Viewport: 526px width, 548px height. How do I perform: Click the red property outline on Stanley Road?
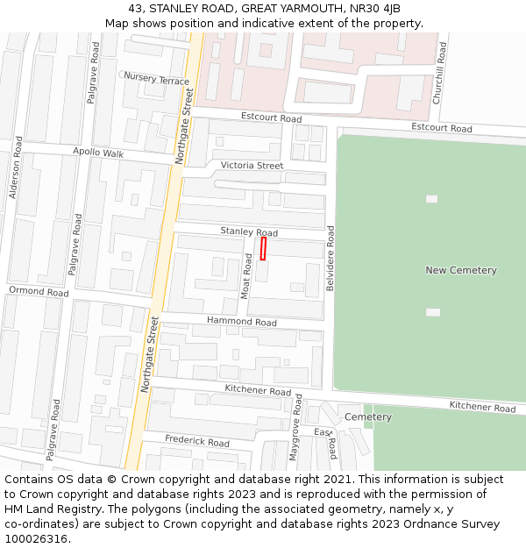tap(263, 248)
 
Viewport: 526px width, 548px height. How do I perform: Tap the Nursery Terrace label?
tap(156, 79)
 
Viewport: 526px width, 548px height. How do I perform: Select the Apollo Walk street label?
tap(98, 153)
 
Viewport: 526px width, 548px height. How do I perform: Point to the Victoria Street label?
tap(252, 165)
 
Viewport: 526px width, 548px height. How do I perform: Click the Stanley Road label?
tap(249, 231)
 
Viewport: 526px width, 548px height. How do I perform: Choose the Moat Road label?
tap(246, 276)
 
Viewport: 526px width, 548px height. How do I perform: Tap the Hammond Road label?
tap(241, 322)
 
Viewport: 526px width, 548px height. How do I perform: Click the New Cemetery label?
tap(460, 270)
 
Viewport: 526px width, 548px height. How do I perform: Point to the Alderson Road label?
tap(15, 167)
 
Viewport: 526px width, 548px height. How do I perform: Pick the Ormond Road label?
tap(38, 291)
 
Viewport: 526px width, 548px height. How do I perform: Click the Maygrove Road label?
tap(295, 427)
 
